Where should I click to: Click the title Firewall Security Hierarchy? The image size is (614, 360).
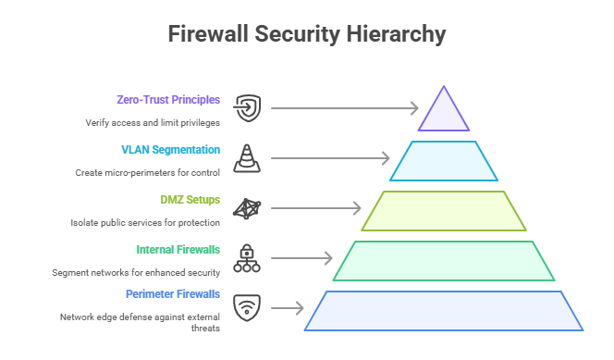pos(307,34)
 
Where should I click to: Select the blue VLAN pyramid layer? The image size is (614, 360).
pos(444,161)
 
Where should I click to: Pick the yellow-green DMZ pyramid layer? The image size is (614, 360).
pos(444,210)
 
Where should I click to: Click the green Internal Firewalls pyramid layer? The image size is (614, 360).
pos(444,260)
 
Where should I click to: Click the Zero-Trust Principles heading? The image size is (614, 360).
pos(168,99)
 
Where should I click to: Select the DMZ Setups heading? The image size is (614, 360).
pos(190,199)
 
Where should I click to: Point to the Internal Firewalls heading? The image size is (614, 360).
pos(178,249)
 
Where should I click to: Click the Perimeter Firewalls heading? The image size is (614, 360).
pos(173,293)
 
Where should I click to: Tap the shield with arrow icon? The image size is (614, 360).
pos(247,109)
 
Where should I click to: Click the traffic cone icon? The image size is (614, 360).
pos(247,158)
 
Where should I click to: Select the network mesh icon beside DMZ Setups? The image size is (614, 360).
pos(247,209)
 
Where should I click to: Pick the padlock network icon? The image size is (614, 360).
pos(247,258)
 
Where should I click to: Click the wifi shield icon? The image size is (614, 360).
pos(247,308)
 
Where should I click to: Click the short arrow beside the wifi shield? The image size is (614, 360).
pos(288,308)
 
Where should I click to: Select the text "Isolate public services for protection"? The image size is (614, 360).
pos(145,222)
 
